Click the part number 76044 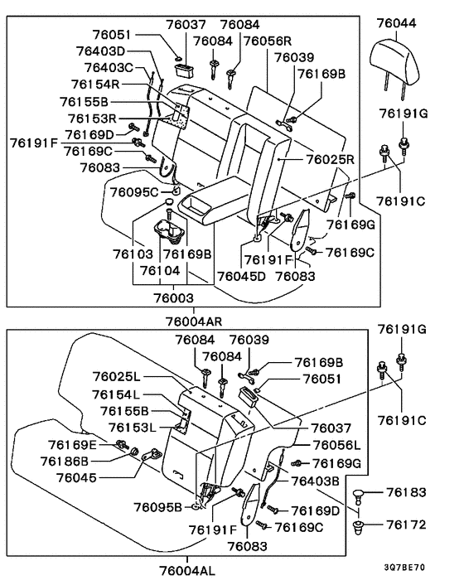(x=396, y=23)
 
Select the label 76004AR (x=194, y=322)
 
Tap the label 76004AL (x=187, y=570)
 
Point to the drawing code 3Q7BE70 (x=404, y=568)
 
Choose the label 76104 (x=160, y=270)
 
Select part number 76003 (x=173, y=297)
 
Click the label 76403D (x=101, y=51)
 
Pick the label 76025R (x=331, y=159)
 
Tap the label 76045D (x=241, y=277)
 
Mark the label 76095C (x=134, y=192)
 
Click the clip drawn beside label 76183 (x=359, y=495)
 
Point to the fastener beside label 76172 (x=359, y=527)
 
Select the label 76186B (x=65, y=462)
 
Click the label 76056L (x=336, y=445)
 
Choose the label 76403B (x=315, y=481)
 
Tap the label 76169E (x=72, y=445)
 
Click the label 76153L (x=133, y=428)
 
